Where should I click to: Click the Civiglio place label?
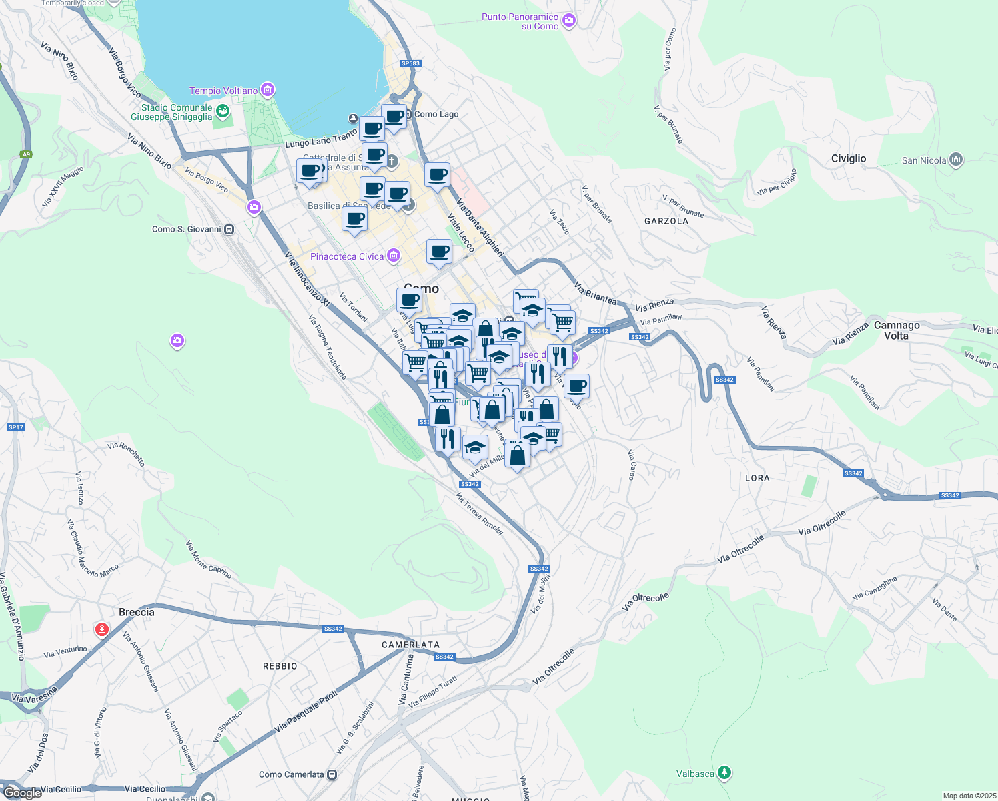(x=848, y=158)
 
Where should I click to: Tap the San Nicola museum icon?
(x=956, y=160)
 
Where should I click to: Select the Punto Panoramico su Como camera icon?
(x=568, y=21)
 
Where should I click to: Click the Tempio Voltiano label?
(x=223, y=91)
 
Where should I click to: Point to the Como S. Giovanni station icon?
(x=229, y=229)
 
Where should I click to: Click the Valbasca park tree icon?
(x=724, y=773)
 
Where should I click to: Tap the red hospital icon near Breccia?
(x=101, y=629)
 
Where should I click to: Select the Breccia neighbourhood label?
(x=136, y=612)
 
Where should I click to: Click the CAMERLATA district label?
(x=410, y=645)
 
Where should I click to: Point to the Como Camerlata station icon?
(x=332, y=774)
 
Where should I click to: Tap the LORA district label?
(x=757, y=478)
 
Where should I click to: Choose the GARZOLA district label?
(x=666, y=221)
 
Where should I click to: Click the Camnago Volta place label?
(x=897, y=330)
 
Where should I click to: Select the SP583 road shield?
(x=410, y=63)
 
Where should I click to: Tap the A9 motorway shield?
(x=25, y=154)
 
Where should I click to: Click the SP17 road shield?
(x=16, y=427)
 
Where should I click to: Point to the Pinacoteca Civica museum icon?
(x=394, y=256)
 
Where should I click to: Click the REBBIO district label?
(x=280, y=666)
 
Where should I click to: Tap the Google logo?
(x=22, y=792)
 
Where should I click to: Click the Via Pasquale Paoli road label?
(x=306, y=712)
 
